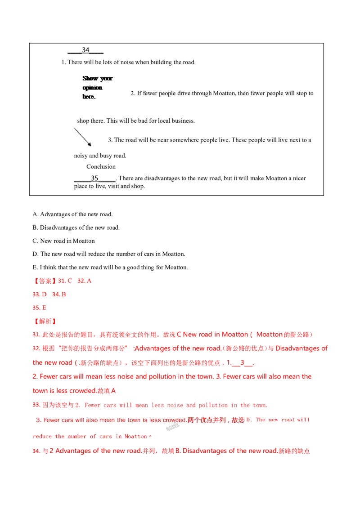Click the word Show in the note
[x=90, y=78]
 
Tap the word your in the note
[x=106, y=78]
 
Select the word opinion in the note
[x=92, y=87]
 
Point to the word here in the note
[x=89, y=97]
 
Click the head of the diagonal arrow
[x=90, y=145]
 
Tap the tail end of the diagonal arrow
[x=75, y=129]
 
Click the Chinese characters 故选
[x=238, y=420]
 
